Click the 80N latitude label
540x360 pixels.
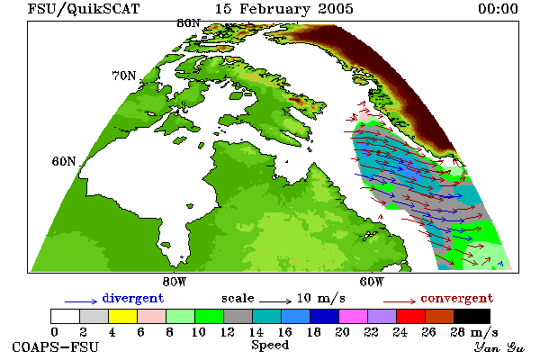(188, 23)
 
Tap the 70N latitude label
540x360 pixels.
(124, 76)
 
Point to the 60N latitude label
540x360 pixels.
(64, 161)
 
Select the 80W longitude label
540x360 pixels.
(175, 282)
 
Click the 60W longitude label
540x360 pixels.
(371, 282)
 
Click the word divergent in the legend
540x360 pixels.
(133, 298)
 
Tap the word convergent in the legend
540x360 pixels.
(457, 298)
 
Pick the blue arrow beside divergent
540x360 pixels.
(81, 301)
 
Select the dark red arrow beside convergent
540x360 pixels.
(400, 301)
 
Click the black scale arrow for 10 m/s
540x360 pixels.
(275, 301)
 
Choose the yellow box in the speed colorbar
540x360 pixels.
(123, 316)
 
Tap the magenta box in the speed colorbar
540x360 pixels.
(354, 316)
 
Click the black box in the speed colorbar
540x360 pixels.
(472, 316)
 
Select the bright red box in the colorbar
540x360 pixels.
(411, 316)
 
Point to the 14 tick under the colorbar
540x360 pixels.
(256, 332)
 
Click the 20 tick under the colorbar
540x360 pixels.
(342, 332)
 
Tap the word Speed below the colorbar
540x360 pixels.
(270, 346)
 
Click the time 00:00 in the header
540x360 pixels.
(498, 9)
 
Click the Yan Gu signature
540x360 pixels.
(499, 347)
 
